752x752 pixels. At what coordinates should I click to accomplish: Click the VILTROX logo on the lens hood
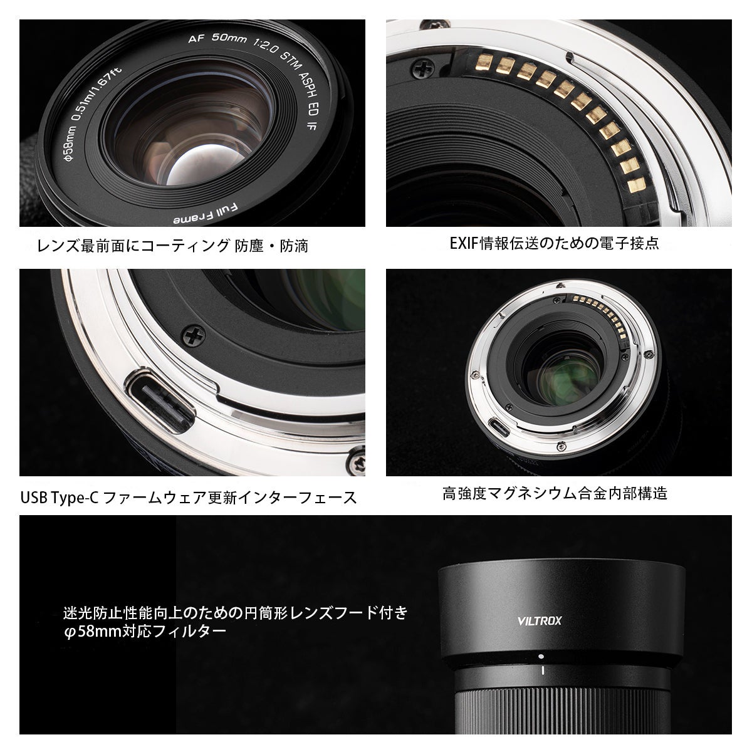pyautogui.click(x=540, y=621)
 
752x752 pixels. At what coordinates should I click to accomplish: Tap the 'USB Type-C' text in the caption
pyautogui.click(x=58, y=498)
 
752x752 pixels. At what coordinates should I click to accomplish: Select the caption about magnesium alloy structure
pyautogui.click(x=555, y=493)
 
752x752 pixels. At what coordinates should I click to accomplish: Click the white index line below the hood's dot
pyautogui.click(x=540, y=672)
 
